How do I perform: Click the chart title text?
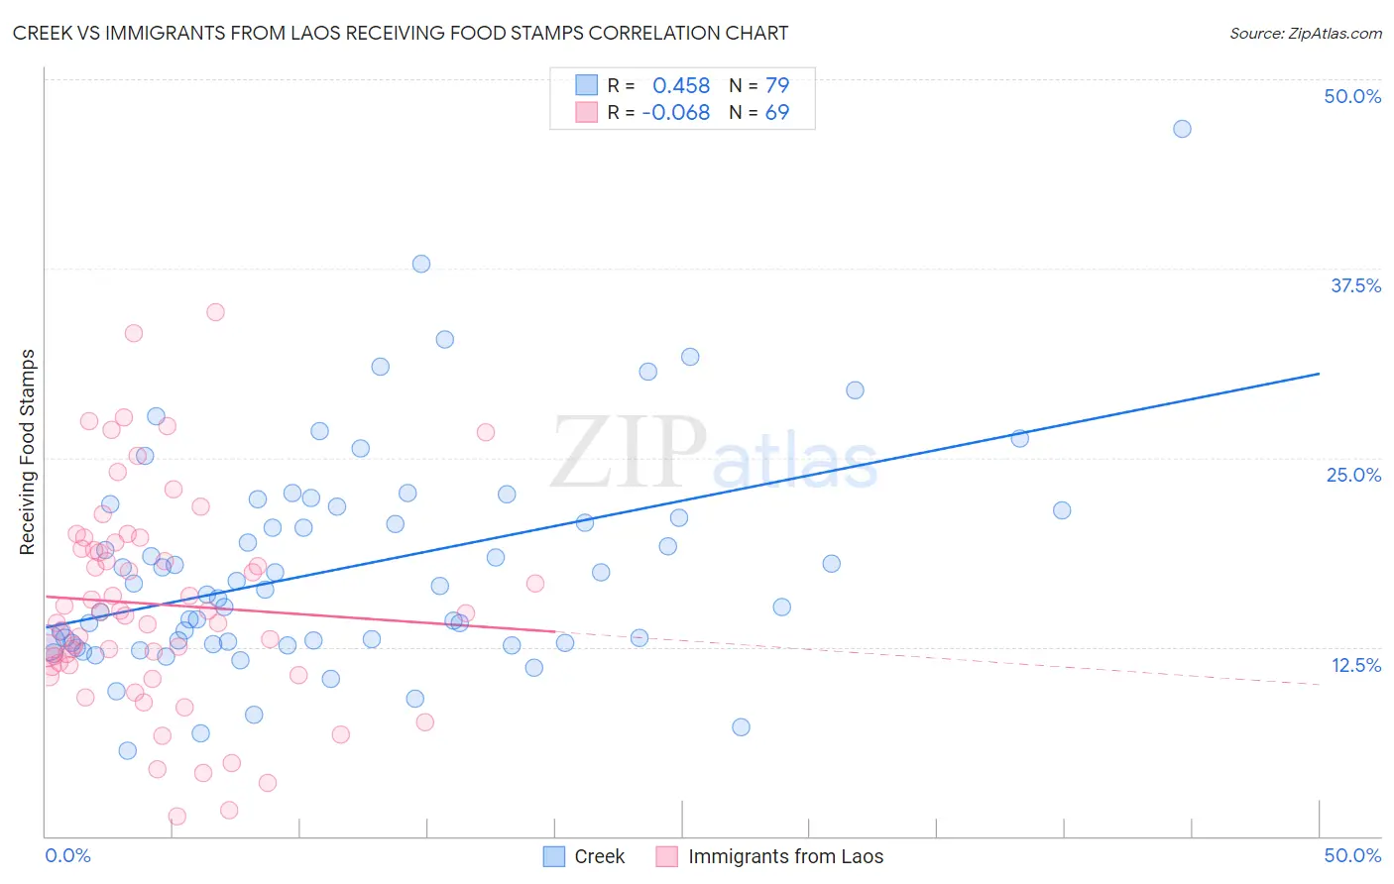[401, 33]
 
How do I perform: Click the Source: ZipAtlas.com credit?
[1305, 34]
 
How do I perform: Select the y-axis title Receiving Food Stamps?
[28, 452]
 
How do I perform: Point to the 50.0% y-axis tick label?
[1352, 96]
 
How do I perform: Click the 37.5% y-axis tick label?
[1355, 285]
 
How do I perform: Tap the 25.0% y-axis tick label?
[1353, 475]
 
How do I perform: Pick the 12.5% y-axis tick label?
[1355, 665]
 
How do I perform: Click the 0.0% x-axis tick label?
[67, 855]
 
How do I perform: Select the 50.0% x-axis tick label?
[1352, 855]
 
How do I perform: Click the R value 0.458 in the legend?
[681, 85]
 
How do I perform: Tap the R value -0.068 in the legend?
[676, 113]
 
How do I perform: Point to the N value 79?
[777, 85]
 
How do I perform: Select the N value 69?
[777, 113]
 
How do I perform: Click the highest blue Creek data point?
[1182, 129]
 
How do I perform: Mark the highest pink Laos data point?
[215, 312]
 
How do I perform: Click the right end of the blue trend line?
[1319, 374]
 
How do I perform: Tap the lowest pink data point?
[177, 817]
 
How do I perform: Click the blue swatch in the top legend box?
[586, 85]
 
